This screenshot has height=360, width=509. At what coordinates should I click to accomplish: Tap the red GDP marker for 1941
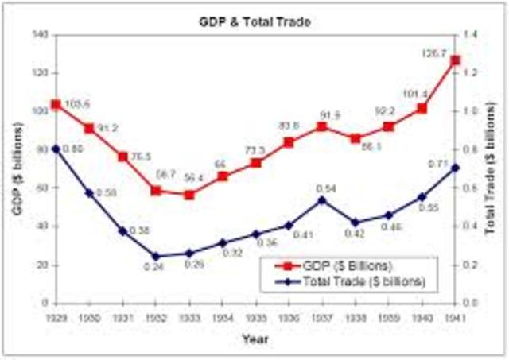(x=455, y=60)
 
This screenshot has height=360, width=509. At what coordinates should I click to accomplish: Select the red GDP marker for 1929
(x=56, y=104)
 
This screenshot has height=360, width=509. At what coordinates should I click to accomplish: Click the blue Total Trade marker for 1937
(x=322, y=200)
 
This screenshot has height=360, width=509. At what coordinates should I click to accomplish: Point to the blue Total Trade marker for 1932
(x=156, y=257)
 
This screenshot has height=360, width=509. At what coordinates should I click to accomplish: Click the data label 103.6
(x=76, y=105)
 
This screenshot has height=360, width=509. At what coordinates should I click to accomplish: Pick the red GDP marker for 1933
(x=189, y=195)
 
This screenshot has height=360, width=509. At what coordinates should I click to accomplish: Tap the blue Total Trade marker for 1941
(x=455, y=168)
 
